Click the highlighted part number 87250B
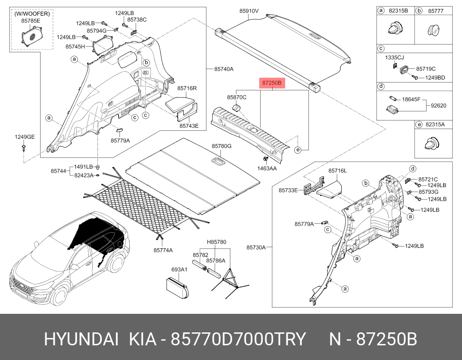(272, 83)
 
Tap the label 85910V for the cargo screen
(248, 11)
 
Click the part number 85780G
(221, 146)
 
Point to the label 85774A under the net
(163, 250)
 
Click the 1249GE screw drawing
(24, 148)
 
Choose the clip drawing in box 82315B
(395, 28)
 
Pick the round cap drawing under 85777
(434, 30)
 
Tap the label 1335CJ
(394, 57)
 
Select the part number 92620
(438, 106)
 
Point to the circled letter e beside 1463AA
(298, 150)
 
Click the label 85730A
(256, 247)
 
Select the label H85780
(216, 242)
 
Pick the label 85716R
(187, 88)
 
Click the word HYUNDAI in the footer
(82, 339)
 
